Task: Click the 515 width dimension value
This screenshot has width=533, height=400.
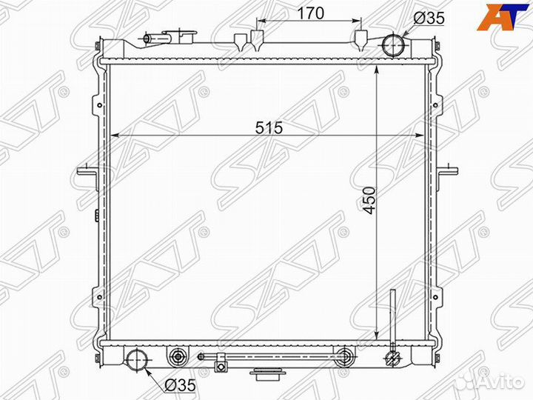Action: pos(269,128)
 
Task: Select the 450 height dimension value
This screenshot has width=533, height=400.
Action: pos(369,201)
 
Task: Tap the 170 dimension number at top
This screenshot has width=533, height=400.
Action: pos(311,13)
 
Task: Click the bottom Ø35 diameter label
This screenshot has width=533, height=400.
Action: pos(180,385)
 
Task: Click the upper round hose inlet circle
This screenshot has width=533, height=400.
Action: pos(392,45)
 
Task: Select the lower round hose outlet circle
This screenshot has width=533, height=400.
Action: pos(138,359)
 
